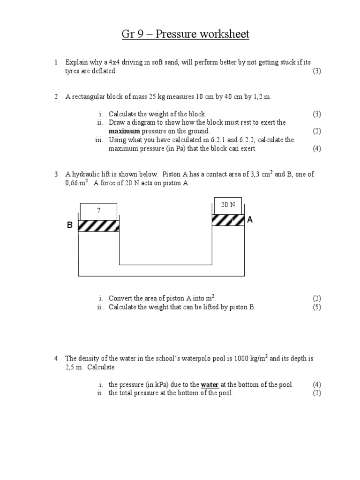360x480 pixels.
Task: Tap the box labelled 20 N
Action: pos(228,205)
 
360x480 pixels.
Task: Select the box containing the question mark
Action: pos(98,211)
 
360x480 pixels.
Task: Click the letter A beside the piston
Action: pos(250,219)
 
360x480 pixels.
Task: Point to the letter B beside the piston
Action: pos(69,225)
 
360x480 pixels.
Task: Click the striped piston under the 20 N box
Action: pos(228,220)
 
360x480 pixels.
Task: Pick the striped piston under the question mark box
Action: pos(98,225)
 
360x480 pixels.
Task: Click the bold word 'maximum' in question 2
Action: pos(124,131)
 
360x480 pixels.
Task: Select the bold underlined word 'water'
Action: pos(210,385)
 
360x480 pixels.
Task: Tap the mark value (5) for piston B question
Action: pos(317,307)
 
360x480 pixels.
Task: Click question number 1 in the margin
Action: pos(55,62)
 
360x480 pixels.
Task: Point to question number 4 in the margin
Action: pos(55,358)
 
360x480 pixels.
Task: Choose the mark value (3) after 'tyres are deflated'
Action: pos(317,71)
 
